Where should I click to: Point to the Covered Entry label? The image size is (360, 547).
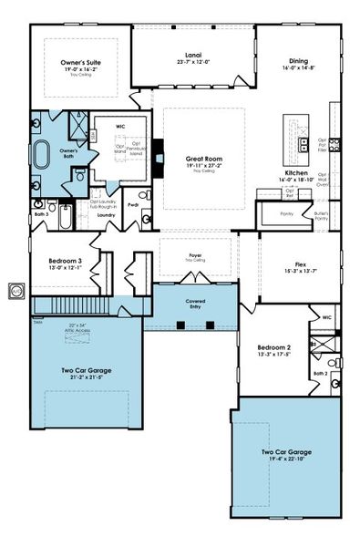tap(193, 300)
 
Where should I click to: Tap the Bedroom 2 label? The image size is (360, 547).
tap(273, 348)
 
